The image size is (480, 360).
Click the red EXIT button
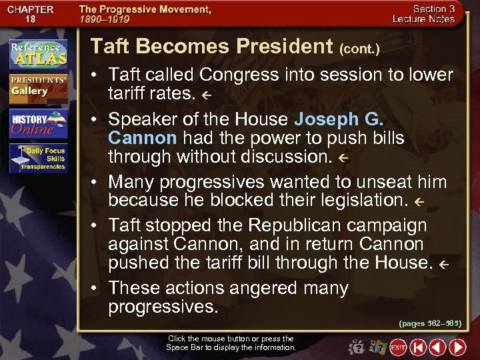click(398, 347)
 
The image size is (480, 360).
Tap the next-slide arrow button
click(457, 347)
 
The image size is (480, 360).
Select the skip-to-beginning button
click(418, 347)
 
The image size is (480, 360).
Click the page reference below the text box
click(429, 323)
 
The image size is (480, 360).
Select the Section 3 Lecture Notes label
click(433, 14)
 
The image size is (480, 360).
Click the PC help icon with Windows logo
click(377, 347)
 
